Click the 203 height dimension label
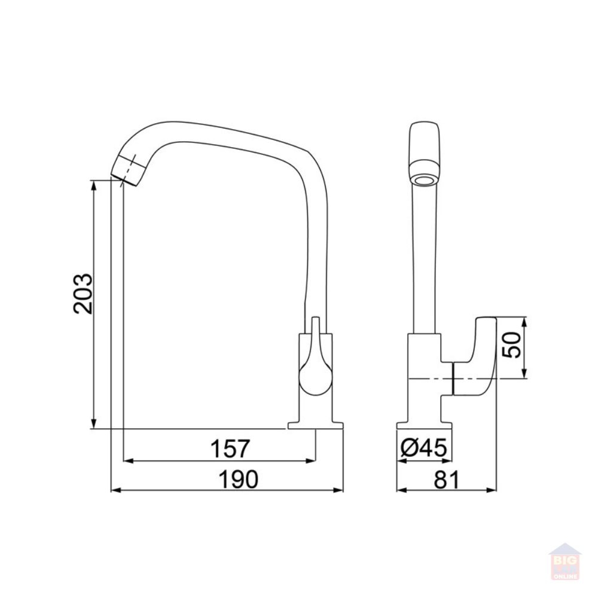[x=83, y=294]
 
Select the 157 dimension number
[x=230, y=448]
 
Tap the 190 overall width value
[x=239, y=480]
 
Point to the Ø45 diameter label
[x=424, y=447]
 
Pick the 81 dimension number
[x=447, y=480]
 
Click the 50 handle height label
[x=511, y=345]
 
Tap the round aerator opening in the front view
[x=424, y=181]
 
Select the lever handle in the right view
[x=474, y=356]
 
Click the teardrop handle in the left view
[x=316, y=362]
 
